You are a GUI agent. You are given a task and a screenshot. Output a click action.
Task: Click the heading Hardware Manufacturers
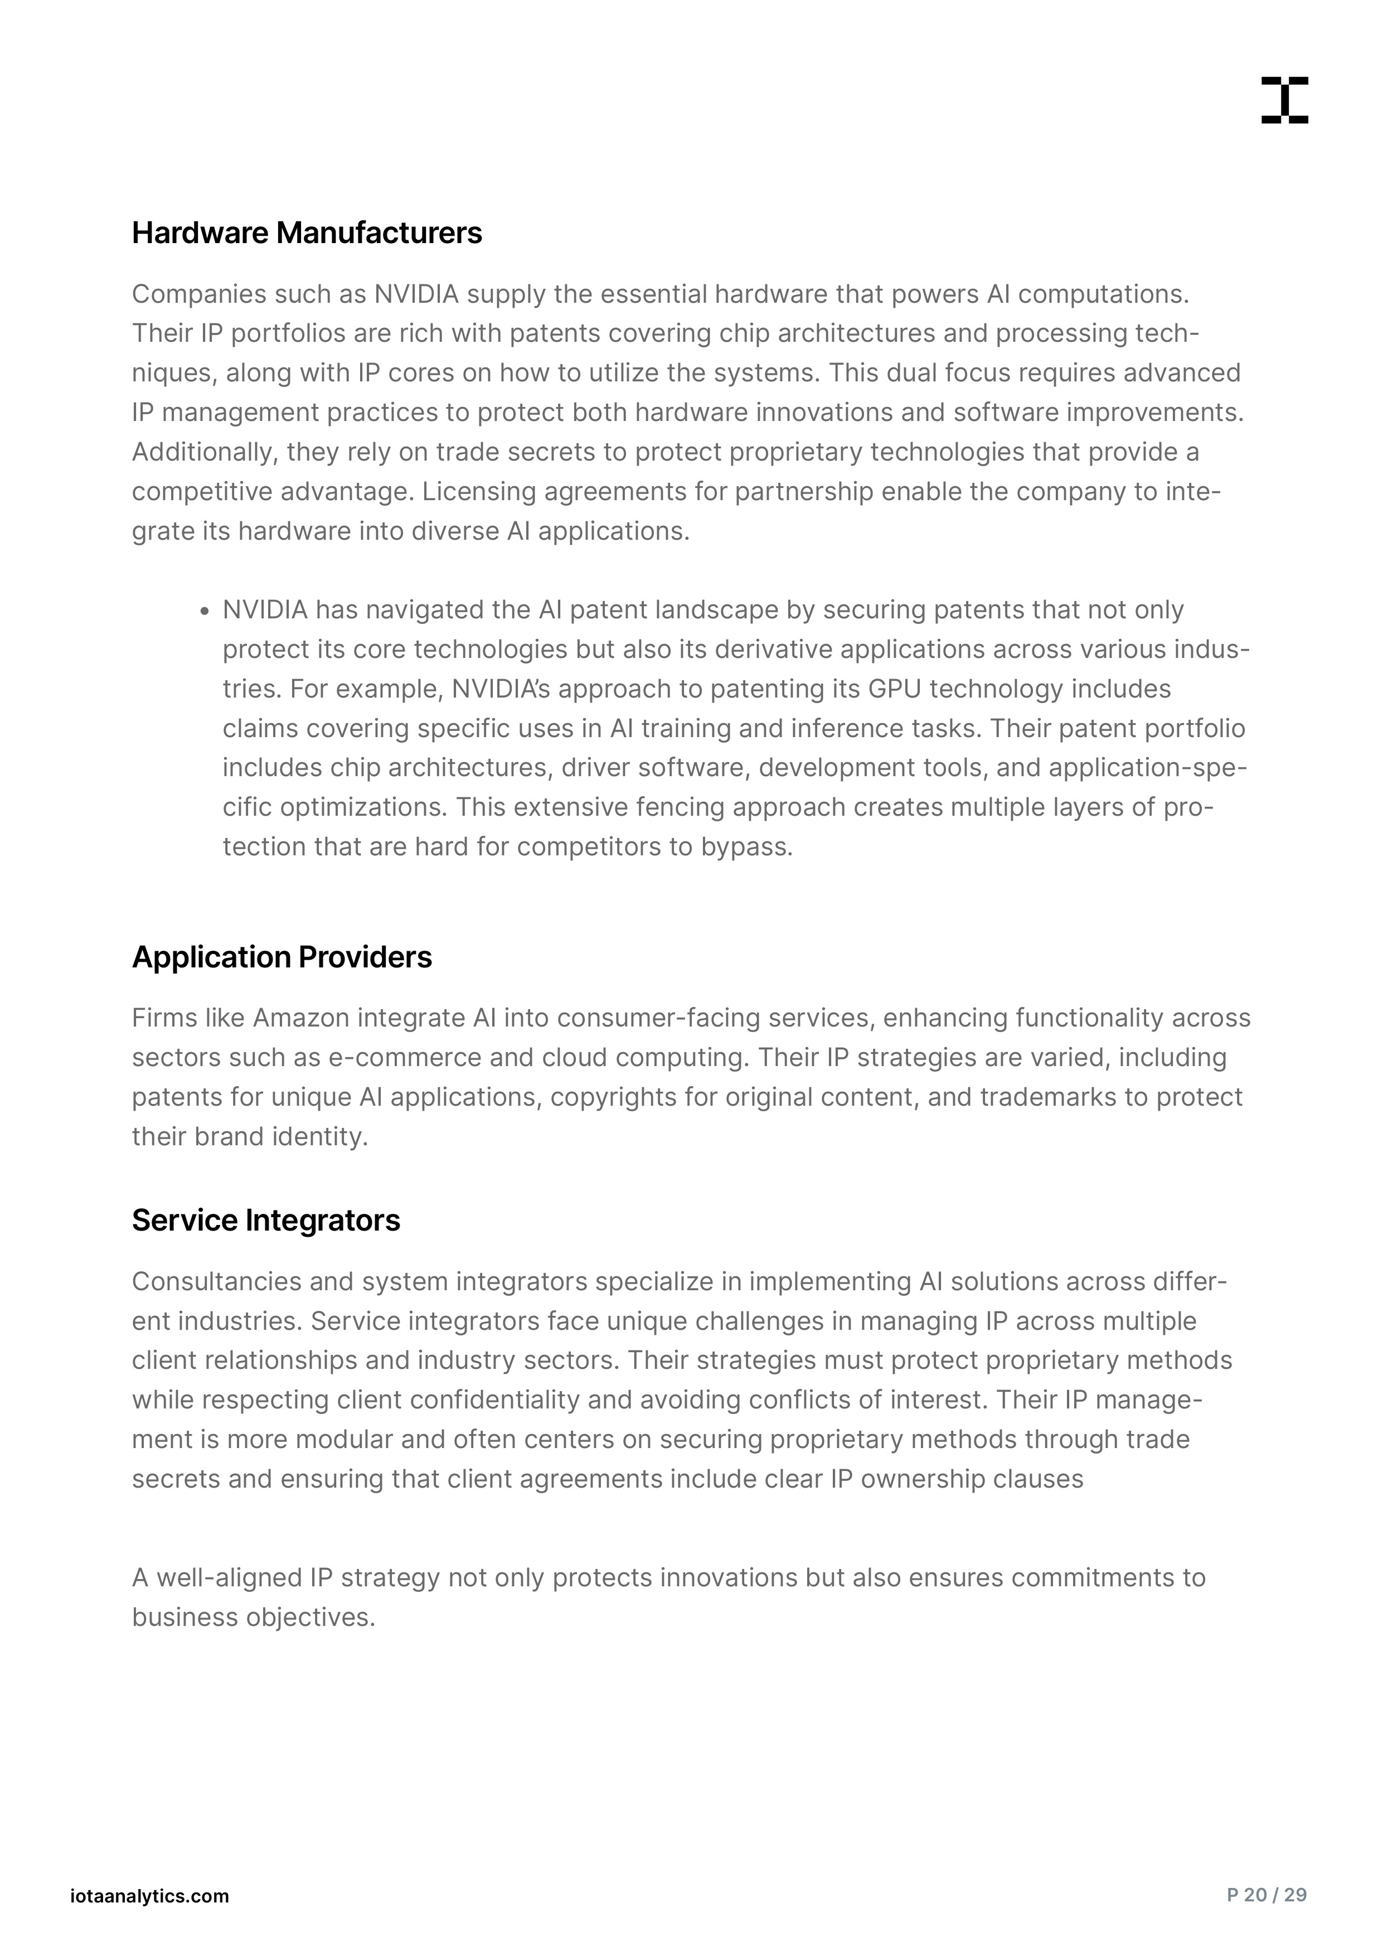(x=307, y=233)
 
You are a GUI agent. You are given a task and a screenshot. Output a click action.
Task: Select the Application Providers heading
(x=282, y=957)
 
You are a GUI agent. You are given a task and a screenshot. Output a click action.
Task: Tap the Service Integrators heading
(x=266, y=1220)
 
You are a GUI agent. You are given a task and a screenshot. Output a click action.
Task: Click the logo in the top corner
(x=1284, y=100)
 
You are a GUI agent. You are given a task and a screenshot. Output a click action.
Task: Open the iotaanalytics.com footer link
(x=150, y=1896)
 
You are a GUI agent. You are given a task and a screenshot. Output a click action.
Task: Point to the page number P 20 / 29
(x=1266, y=1896)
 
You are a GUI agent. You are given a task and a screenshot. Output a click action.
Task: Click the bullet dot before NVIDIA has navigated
(x=205, y=611)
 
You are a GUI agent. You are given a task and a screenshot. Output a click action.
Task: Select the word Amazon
(x=302, y=1018)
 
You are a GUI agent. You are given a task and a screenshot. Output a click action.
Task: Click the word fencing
(x=673, y=807)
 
